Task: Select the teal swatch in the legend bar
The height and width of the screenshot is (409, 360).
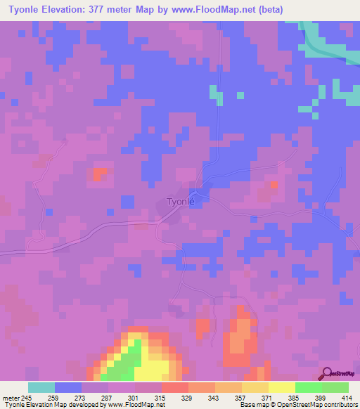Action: [x=41, y=387]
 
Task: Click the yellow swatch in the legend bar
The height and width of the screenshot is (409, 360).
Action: [x=281, y=387]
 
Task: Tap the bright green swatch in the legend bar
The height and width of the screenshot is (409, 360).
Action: [x=308, y=387]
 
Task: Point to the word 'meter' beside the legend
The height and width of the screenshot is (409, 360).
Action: [x=11, y=398]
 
